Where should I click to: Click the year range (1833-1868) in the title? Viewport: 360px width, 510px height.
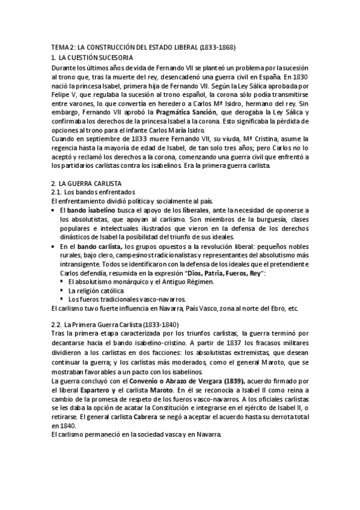(213, 46)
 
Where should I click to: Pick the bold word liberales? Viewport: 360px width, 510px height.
(192, 210)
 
